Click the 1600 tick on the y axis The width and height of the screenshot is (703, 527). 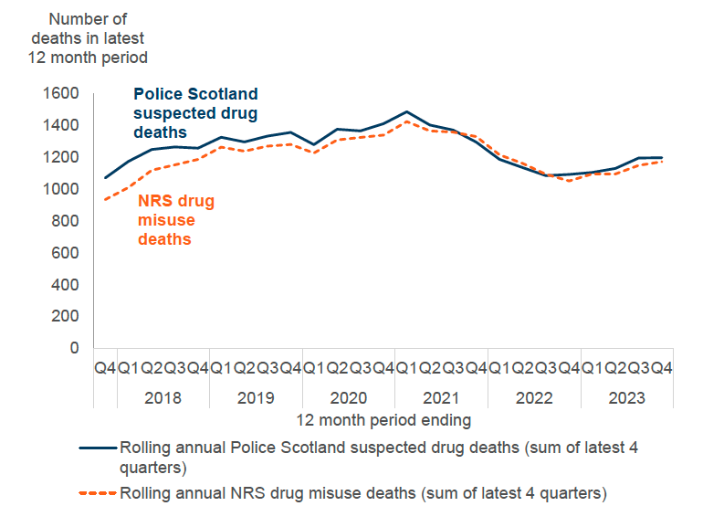coord(61,93)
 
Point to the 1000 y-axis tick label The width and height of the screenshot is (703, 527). coord(61,189)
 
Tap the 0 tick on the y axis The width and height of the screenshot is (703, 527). coord(74,348)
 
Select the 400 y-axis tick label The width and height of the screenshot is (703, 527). coord(65,284)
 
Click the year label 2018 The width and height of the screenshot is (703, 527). coord(163,398)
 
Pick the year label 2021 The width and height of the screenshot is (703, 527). coord(441,398)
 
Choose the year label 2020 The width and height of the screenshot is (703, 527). coord(348,398)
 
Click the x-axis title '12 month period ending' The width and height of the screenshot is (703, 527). coord(383,420)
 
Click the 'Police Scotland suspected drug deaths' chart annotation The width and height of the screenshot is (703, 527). coord(195,112)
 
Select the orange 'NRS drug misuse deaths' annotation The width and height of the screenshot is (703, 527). coord(176,219)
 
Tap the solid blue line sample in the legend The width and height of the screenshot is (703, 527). coord(99,448)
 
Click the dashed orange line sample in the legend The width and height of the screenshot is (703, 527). coord(99,493)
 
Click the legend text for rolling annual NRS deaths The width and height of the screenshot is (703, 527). coord(362,493)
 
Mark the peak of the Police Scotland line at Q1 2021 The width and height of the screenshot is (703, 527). coord(407,111)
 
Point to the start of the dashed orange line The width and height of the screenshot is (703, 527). coord(106,200)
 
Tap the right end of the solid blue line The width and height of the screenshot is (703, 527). coord(662,157)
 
